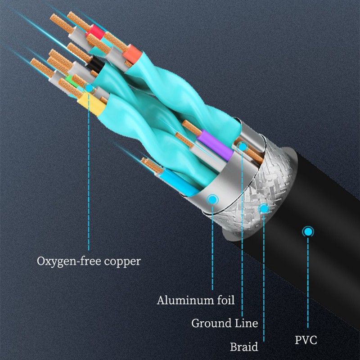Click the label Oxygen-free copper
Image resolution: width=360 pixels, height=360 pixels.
pos(88,261)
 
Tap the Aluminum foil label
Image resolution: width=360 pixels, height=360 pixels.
pos(196,300)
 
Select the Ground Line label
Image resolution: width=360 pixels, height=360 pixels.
pos(225,323)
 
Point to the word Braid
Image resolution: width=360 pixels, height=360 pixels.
pos(244,347)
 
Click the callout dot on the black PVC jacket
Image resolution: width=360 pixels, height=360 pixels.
pos(308,232)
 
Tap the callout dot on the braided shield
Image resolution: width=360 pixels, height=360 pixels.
pos(264,208)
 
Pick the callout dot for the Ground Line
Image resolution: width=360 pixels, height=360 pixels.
pos(243,146)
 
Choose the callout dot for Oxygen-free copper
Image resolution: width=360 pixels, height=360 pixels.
pos(89,89)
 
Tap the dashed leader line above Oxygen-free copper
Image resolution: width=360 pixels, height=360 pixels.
pos(89,180)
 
